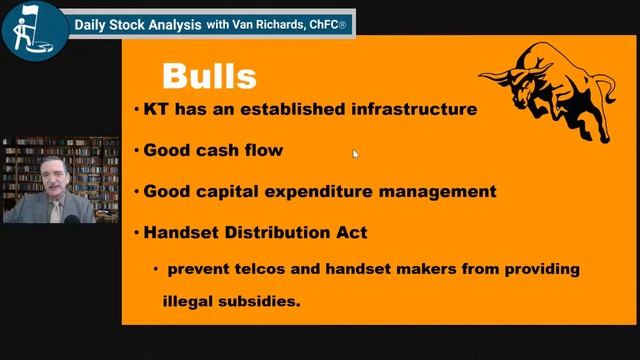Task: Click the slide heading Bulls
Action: pyautogui.click(x=209, y=76)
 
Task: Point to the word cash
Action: pyautogui.click(x=217, y=151)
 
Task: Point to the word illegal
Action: pyautogui.click(x=189, y=298)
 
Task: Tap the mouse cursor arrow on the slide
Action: pyautogui.click(x=355, y=154)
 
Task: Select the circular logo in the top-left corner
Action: pyautogui.click(x=33, y=31)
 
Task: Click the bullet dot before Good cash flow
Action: pyautogui.click(x=136, y=151)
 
